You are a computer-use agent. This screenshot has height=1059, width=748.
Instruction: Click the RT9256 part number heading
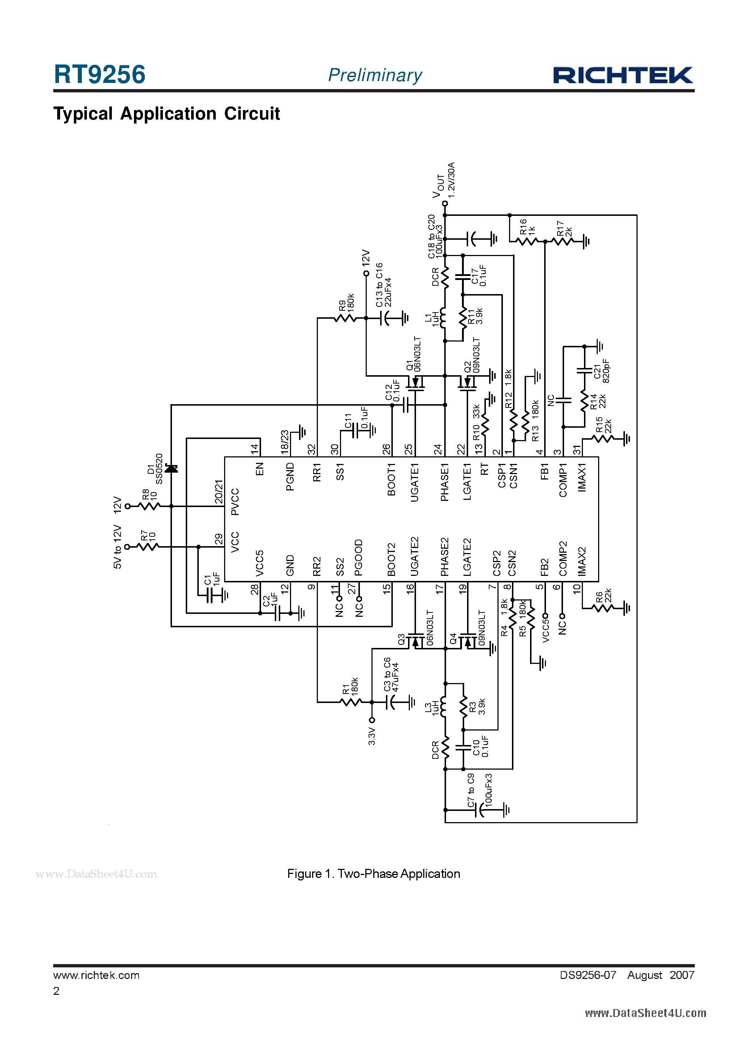(100, 75)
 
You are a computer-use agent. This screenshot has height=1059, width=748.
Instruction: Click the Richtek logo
(623, 75)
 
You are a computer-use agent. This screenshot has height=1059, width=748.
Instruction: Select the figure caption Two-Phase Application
(374, 874)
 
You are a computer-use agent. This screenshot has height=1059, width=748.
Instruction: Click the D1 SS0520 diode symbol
(171, 469)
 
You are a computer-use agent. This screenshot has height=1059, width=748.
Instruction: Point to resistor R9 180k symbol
(345, 318)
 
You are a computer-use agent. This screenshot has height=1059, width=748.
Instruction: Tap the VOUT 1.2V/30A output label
(444, 181)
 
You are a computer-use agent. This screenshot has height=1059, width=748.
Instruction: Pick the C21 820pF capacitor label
(602, 371)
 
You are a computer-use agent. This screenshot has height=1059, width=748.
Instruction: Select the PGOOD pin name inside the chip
(359, 558)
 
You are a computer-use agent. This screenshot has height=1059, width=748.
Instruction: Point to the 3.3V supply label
(372, 737)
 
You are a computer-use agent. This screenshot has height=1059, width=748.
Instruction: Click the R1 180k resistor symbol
(350, 702)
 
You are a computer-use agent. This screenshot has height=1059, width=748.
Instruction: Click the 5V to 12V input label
(118, 547)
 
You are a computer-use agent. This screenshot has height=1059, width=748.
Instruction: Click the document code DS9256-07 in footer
(588, 975)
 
